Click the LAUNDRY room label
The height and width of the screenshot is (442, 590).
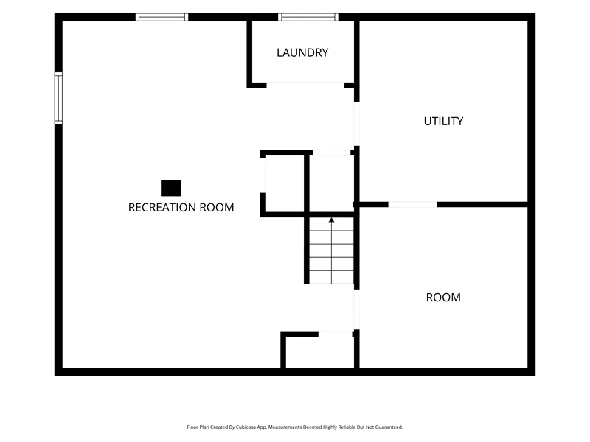[x=302, y=52]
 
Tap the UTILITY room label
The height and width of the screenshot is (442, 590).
[x=443, y=122]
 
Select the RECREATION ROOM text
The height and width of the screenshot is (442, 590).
[x=181, y=208]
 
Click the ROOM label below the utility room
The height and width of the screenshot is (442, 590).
[x=443, y=298]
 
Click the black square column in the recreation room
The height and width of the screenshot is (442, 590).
[x=171, y=188]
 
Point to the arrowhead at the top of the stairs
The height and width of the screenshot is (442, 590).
[x=331, y=220]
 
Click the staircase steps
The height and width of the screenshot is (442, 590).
[x=331, y=250]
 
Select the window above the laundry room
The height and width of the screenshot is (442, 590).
[x=308, y=17]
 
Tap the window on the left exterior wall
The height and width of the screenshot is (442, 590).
[x=58, y=98]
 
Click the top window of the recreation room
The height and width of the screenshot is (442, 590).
[x=162, y=17]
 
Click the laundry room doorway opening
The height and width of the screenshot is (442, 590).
[x=305, y=85]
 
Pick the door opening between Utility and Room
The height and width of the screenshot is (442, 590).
[x=413, y=205]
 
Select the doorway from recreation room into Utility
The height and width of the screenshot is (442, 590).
[x=356, y=124]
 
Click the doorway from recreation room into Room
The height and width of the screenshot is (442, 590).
[x=356, y=309]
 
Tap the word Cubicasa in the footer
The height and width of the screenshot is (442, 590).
[x=246, y=427]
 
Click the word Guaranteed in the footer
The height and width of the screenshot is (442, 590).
[x=390, y=427]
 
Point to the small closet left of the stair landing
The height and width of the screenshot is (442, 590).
[x=285, y=183]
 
